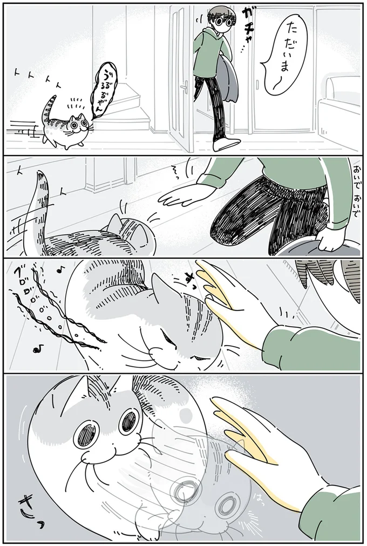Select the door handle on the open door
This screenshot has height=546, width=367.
(185, 86)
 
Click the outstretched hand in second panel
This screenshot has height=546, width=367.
(181, 194)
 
